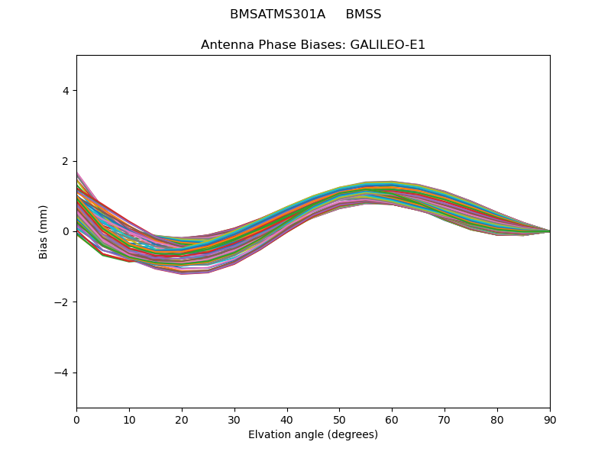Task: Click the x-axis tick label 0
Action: click(x=76, y=419)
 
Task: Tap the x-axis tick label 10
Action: click(x=129, y=419)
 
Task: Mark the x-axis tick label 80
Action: click(x=497, y=419)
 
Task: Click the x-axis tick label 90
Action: click(x=550, y=419)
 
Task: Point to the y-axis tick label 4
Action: click(x=66, y=91)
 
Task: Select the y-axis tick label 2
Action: click(x=66, y=161)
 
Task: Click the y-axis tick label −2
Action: click(x=63, y=302)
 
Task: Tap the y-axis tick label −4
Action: click(x=63, y=373)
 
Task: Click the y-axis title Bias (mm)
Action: click(x=44, y=231)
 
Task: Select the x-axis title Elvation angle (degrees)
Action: click(x=313, y=435)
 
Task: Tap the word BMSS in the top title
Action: click(x=364, y=15)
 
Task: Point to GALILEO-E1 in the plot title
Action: click(x=388, y=45)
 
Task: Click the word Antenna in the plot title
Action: click(x=227, y=45)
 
